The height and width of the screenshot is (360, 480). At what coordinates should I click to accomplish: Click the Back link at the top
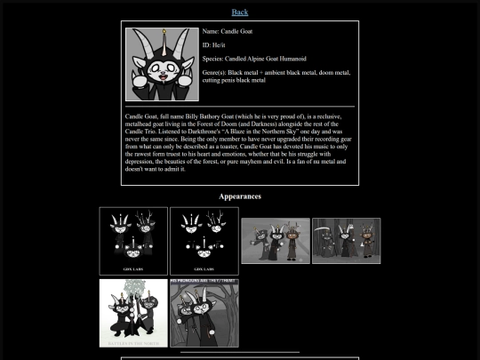240,12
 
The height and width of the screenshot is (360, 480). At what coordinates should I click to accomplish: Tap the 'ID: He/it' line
218,44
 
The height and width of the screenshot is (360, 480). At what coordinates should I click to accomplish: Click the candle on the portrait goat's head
162,36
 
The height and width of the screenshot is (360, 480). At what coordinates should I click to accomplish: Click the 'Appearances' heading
240,196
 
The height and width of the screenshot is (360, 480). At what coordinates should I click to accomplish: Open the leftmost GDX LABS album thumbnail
133,241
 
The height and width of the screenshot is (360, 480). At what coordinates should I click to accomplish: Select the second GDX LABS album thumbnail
204,241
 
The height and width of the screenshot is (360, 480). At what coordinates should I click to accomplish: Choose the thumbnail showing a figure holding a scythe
346,241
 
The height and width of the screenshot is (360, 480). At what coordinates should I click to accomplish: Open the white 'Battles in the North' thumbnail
133,313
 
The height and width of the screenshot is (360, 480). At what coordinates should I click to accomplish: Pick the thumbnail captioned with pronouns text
204,313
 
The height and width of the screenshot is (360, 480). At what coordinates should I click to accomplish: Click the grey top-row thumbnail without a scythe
276,241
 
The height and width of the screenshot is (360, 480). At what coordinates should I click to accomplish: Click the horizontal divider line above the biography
240,106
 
